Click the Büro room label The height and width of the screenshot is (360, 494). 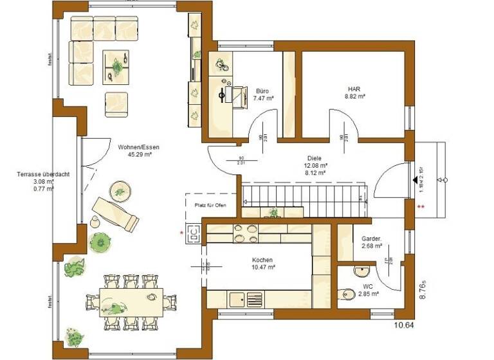262,91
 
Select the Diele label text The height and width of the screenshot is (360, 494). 314,157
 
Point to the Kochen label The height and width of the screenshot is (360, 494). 263,259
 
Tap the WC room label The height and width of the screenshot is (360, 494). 369,285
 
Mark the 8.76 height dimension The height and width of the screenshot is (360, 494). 423,288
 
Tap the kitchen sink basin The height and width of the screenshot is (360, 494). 237,299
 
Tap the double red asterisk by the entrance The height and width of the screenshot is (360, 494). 421,207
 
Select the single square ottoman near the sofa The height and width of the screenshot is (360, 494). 116,102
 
